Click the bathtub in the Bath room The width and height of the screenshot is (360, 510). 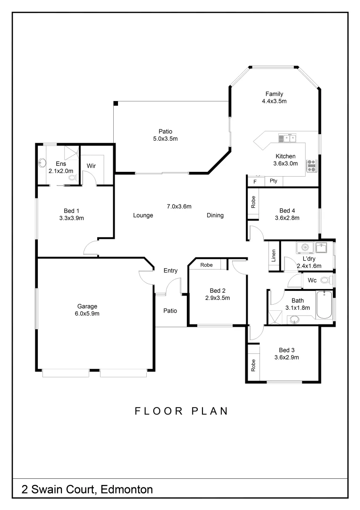[x=324, y=305]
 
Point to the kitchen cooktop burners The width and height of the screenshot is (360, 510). [x=311, y=165]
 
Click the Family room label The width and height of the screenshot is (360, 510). [x=274, y=94]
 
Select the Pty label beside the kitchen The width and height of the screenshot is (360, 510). [x=273, y=181]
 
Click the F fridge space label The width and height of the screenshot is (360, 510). [x=255, y=181]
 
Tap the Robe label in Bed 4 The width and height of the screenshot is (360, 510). [x=253, y=203]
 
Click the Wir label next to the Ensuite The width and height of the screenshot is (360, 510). [x=91, y=166]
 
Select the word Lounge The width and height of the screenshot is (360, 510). [x=143, y=215]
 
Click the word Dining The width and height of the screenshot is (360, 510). [x=215, y=215]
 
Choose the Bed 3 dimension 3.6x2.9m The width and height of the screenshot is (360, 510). [x=286, y=357]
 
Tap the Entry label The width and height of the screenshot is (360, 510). [x=170, y=271]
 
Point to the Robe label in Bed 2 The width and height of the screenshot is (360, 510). [x=206, y=265]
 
